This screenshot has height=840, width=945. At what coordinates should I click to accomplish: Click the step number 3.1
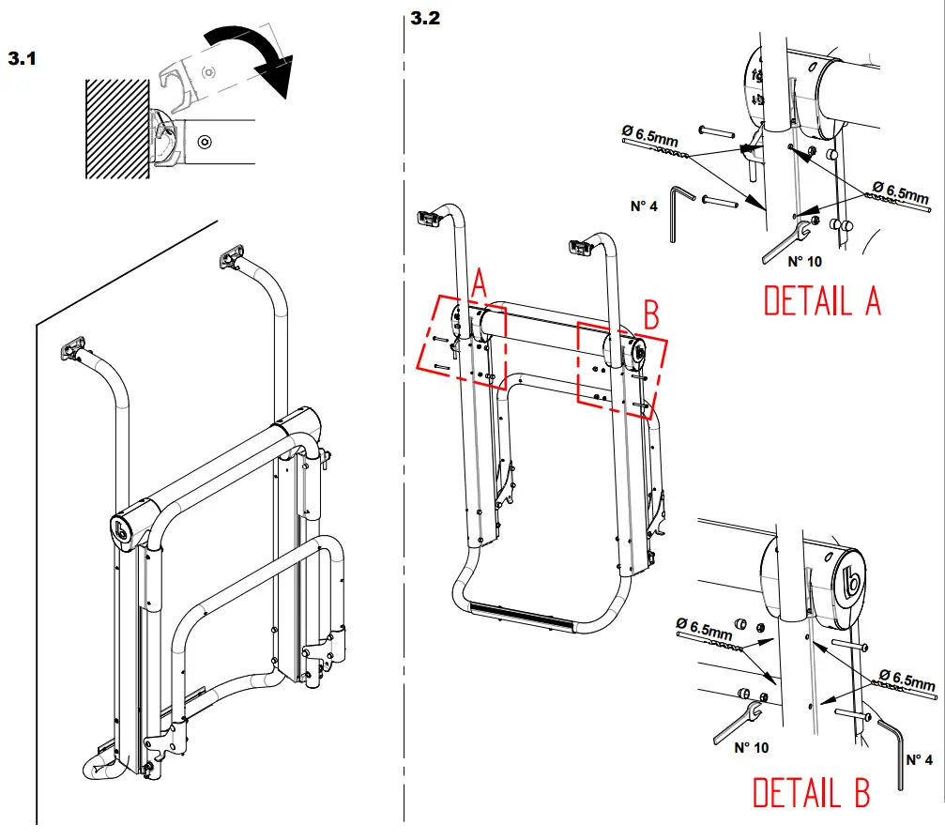(22, 58)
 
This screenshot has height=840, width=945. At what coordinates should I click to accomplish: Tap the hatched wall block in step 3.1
(114, 129)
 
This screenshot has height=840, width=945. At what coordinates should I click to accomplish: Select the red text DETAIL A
(821, 301)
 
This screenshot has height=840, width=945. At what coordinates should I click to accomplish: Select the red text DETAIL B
(811, 793)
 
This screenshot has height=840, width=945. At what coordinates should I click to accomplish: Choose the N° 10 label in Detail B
(751, 748)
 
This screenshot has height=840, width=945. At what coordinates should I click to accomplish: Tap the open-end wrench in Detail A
(782, 242)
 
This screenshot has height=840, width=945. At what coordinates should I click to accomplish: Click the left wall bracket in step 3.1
(74, 349)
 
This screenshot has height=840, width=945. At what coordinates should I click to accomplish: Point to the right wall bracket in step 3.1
(232, 255)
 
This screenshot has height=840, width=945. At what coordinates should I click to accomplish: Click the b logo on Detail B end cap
(853, 584)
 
